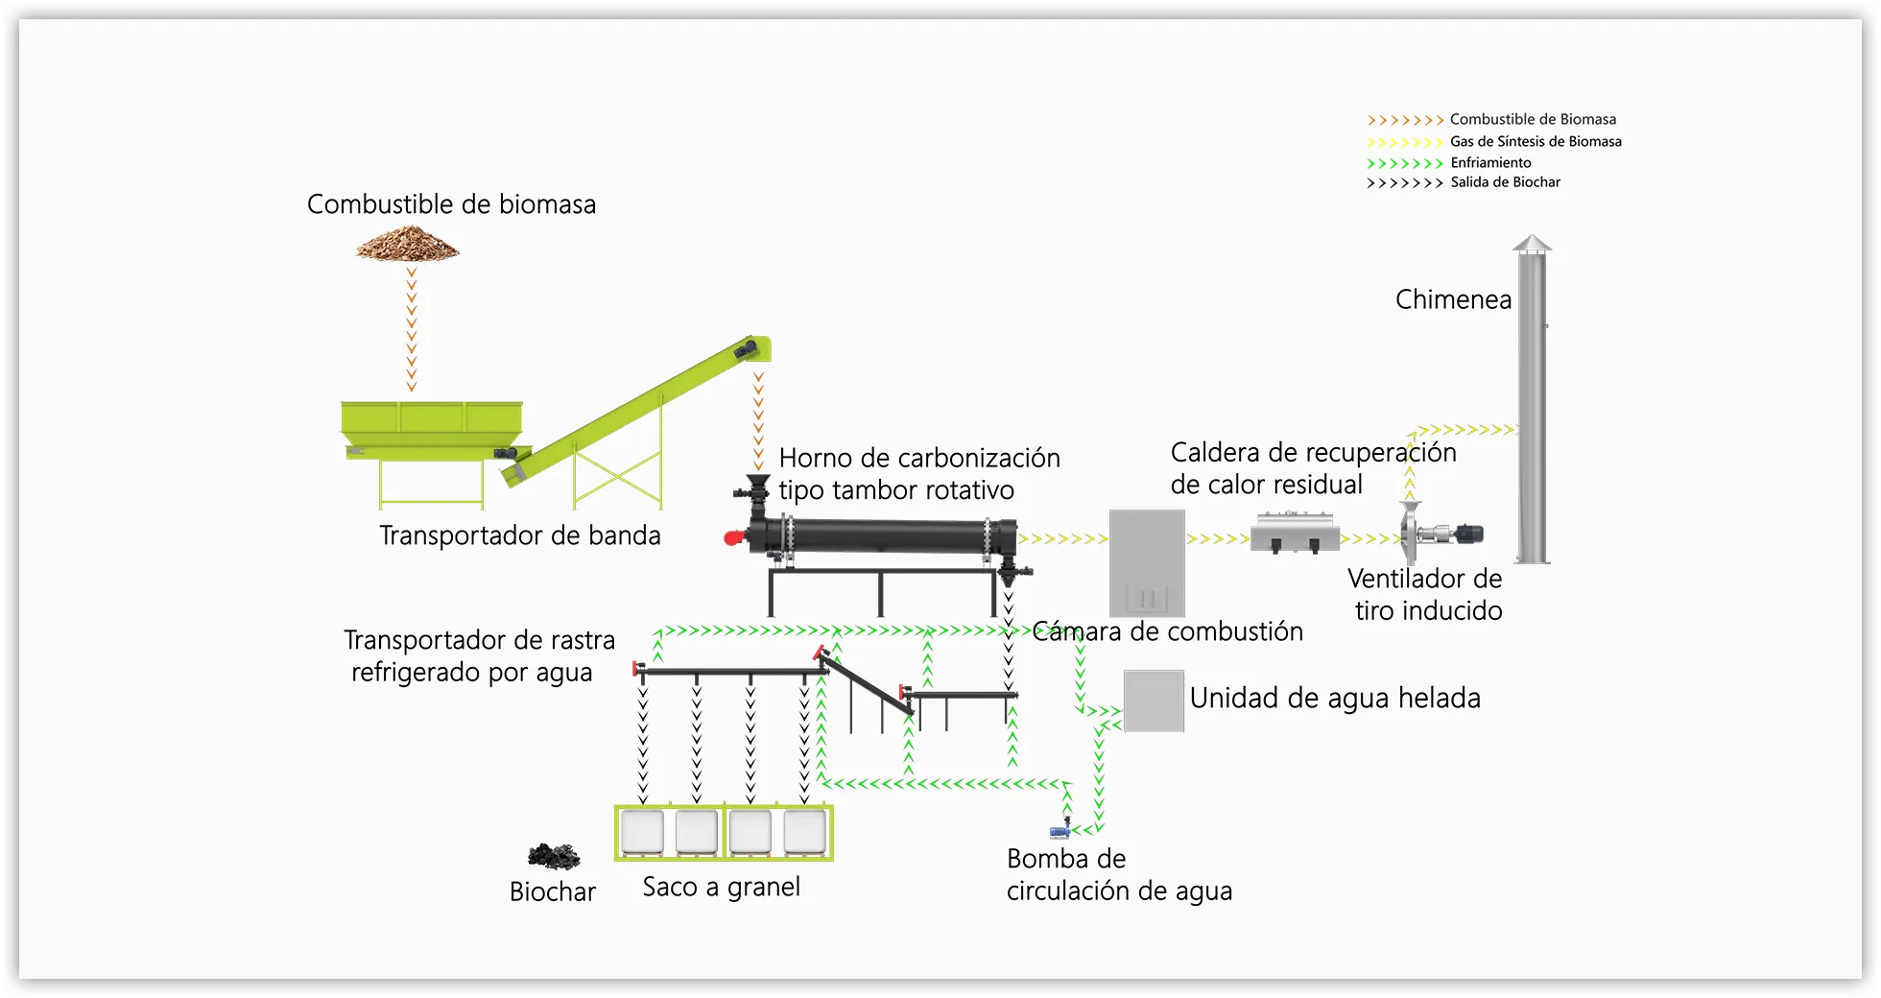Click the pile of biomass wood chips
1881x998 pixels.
[x=408, y=245]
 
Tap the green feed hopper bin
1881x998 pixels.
[x=432, y=422]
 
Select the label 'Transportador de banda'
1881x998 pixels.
[x=520, y=535]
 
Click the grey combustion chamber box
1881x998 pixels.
[x=1147, y=562]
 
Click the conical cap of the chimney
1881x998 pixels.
[x=1532, y=244]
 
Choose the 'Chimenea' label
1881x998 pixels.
[x=1453, y=299]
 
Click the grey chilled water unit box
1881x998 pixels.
[x=1154, y=701]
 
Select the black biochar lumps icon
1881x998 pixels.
[x=554, y=855]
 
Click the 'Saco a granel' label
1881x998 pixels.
[x=722, y=887]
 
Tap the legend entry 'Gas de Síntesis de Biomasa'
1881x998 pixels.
[x=1536, y=141]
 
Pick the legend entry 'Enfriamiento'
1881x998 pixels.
[x=1490, y=162]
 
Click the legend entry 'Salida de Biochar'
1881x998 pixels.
[x=1505, y=182]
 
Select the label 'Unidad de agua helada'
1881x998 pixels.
[x=1335, y=698]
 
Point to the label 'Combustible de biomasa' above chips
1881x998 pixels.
[x=451, y=204]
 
